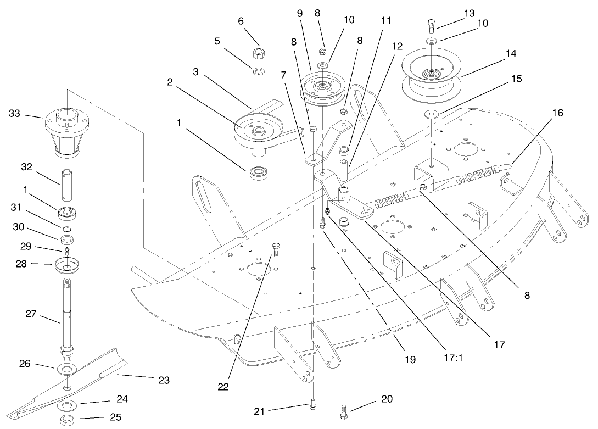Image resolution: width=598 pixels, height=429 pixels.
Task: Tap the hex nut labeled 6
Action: [x=259, y=54]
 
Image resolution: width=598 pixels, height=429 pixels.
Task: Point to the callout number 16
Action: [x=557, y=113]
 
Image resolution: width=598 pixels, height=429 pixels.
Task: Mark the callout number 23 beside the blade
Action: [x=163, y=380]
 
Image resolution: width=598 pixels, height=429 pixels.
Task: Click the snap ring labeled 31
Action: [x=66, y=229]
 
